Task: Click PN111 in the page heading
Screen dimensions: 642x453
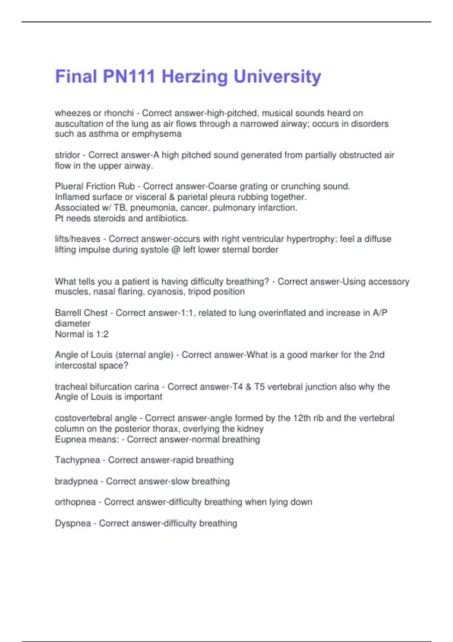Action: tap(129, 77)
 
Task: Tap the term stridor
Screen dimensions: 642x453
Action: tap(68, 155)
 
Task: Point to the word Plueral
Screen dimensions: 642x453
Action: tap(69, 187)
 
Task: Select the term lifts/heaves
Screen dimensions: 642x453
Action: tap(78, 239)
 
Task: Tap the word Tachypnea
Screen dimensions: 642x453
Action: tap(77, 460)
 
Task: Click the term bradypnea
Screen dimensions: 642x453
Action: tap(76, 481)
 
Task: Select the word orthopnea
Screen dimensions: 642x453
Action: tap(75, 502)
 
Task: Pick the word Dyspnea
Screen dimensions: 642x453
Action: tap(73, 523)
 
